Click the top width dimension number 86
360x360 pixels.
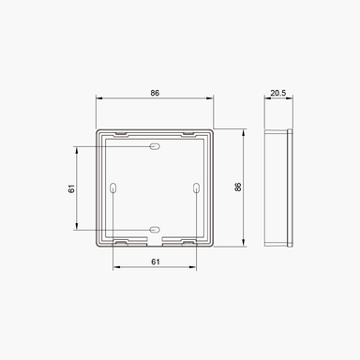pyautogui.click(x=156, y=94)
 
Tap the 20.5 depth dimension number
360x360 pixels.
pyautogui.click(x=278, y=94)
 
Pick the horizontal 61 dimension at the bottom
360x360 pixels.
pyautogui.click(x=155, y=263)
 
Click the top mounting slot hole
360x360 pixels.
pyautogui.click(x=155, y=147)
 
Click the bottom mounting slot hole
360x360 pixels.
pyautogui.click(x=155, y=229)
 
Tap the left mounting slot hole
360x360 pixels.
pyautogui.click(x=114, y=188)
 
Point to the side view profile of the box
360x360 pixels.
pyautogui.click(x=278, y=187)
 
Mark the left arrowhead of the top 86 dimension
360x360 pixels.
pyautogui.click(x=98, y=100)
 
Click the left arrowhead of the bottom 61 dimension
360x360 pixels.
pyautogui.click(x=115, y=270)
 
